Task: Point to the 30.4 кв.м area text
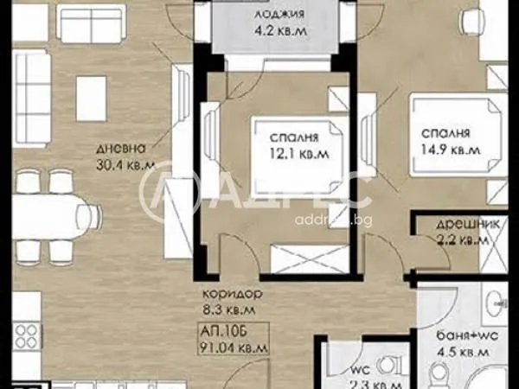tap(126, 163)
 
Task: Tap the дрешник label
tap(455, 224)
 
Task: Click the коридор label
tap(229, 292)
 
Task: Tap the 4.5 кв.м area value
tap(457, 351)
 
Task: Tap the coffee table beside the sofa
tap(91, 91)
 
